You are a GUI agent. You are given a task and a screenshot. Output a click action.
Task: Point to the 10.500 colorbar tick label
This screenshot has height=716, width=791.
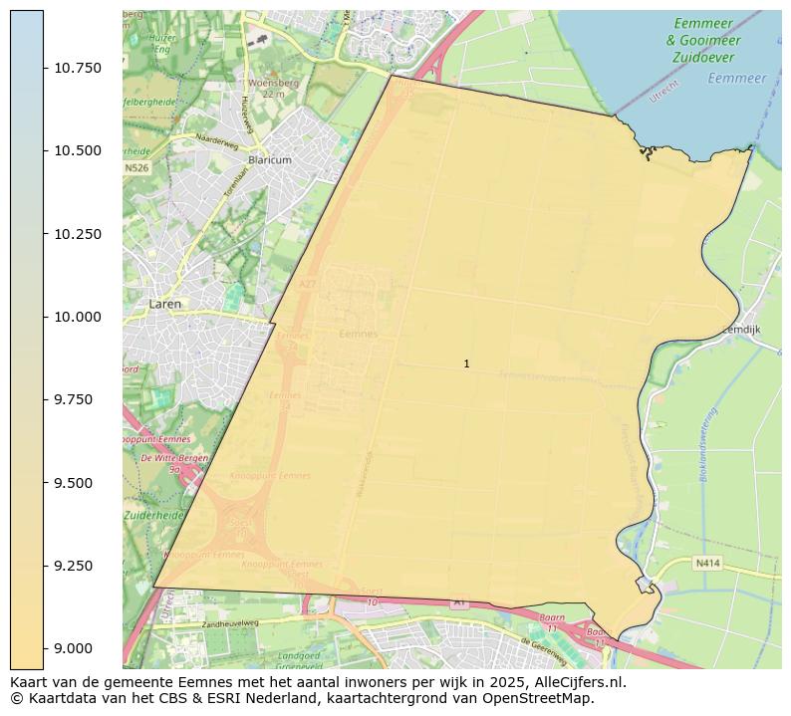[78, 150]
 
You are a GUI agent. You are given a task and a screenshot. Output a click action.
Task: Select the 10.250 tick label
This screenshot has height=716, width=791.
[78, 234]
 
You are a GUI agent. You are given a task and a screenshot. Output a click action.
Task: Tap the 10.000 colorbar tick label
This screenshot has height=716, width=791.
[78, 317]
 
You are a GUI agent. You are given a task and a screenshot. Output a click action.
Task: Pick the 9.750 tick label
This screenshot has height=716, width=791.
[78, 399]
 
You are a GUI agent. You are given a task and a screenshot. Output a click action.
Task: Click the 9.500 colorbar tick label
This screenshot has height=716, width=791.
[78, 483]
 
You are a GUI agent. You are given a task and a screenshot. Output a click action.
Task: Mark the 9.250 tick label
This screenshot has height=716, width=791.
[78, 566]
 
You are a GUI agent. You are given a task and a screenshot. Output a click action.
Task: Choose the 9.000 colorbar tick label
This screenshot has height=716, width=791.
[78, 648]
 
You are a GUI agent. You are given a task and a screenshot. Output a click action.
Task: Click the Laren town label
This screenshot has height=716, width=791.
[165, 304]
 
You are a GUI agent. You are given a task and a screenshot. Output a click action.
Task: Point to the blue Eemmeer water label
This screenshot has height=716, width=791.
[737, 78]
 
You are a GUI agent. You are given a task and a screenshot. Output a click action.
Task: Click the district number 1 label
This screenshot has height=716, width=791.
[466, 364]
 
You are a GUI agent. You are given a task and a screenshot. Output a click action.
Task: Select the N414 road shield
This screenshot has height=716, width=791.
[706, 563]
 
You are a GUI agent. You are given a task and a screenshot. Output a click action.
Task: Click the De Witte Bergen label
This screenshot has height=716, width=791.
[174, 458]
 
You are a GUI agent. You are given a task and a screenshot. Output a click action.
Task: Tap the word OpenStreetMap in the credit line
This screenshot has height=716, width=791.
[540, 698]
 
